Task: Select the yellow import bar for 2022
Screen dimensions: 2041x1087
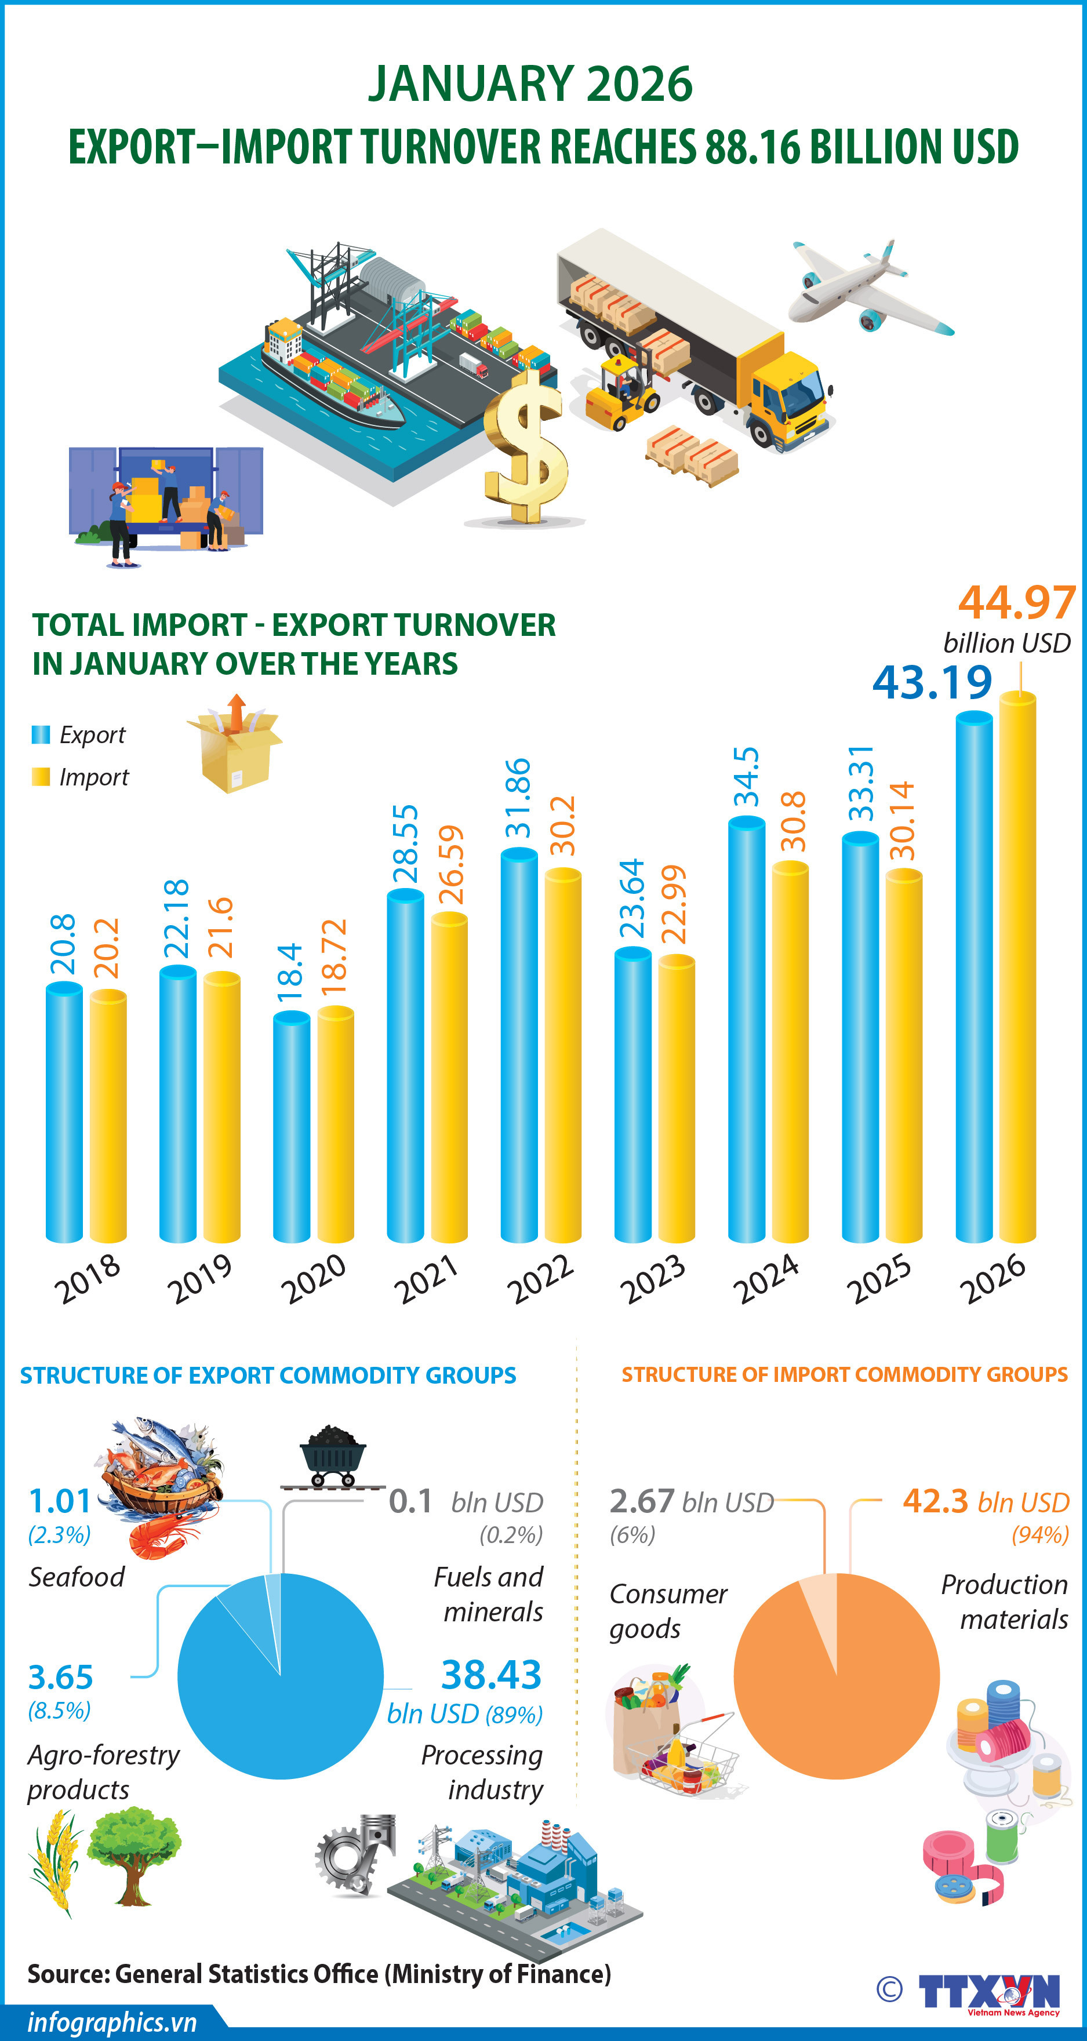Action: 562,1054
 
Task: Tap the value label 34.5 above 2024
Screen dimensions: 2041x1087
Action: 746,777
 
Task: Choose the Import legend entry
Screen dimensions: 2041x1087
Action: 80,777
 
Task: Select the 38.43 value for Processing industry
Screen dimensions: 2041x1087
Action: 490,1674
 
